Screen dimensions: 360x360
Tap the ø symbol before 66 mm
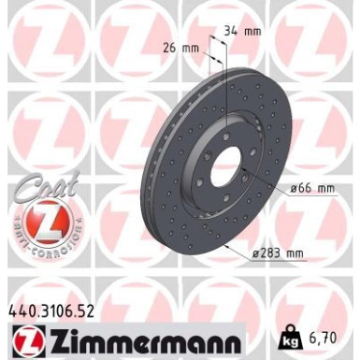pyautogui.click(x=293, y=189)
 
